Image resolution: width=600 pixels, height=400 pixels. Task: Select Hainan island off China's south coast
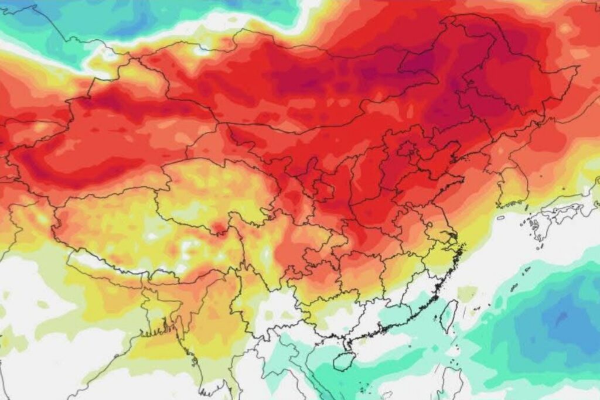pyautogui.click(x=345, y=360)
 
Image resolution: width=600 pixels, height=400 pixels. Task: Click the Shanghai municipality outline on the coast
pyautogui.click(x=452, y=237)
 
